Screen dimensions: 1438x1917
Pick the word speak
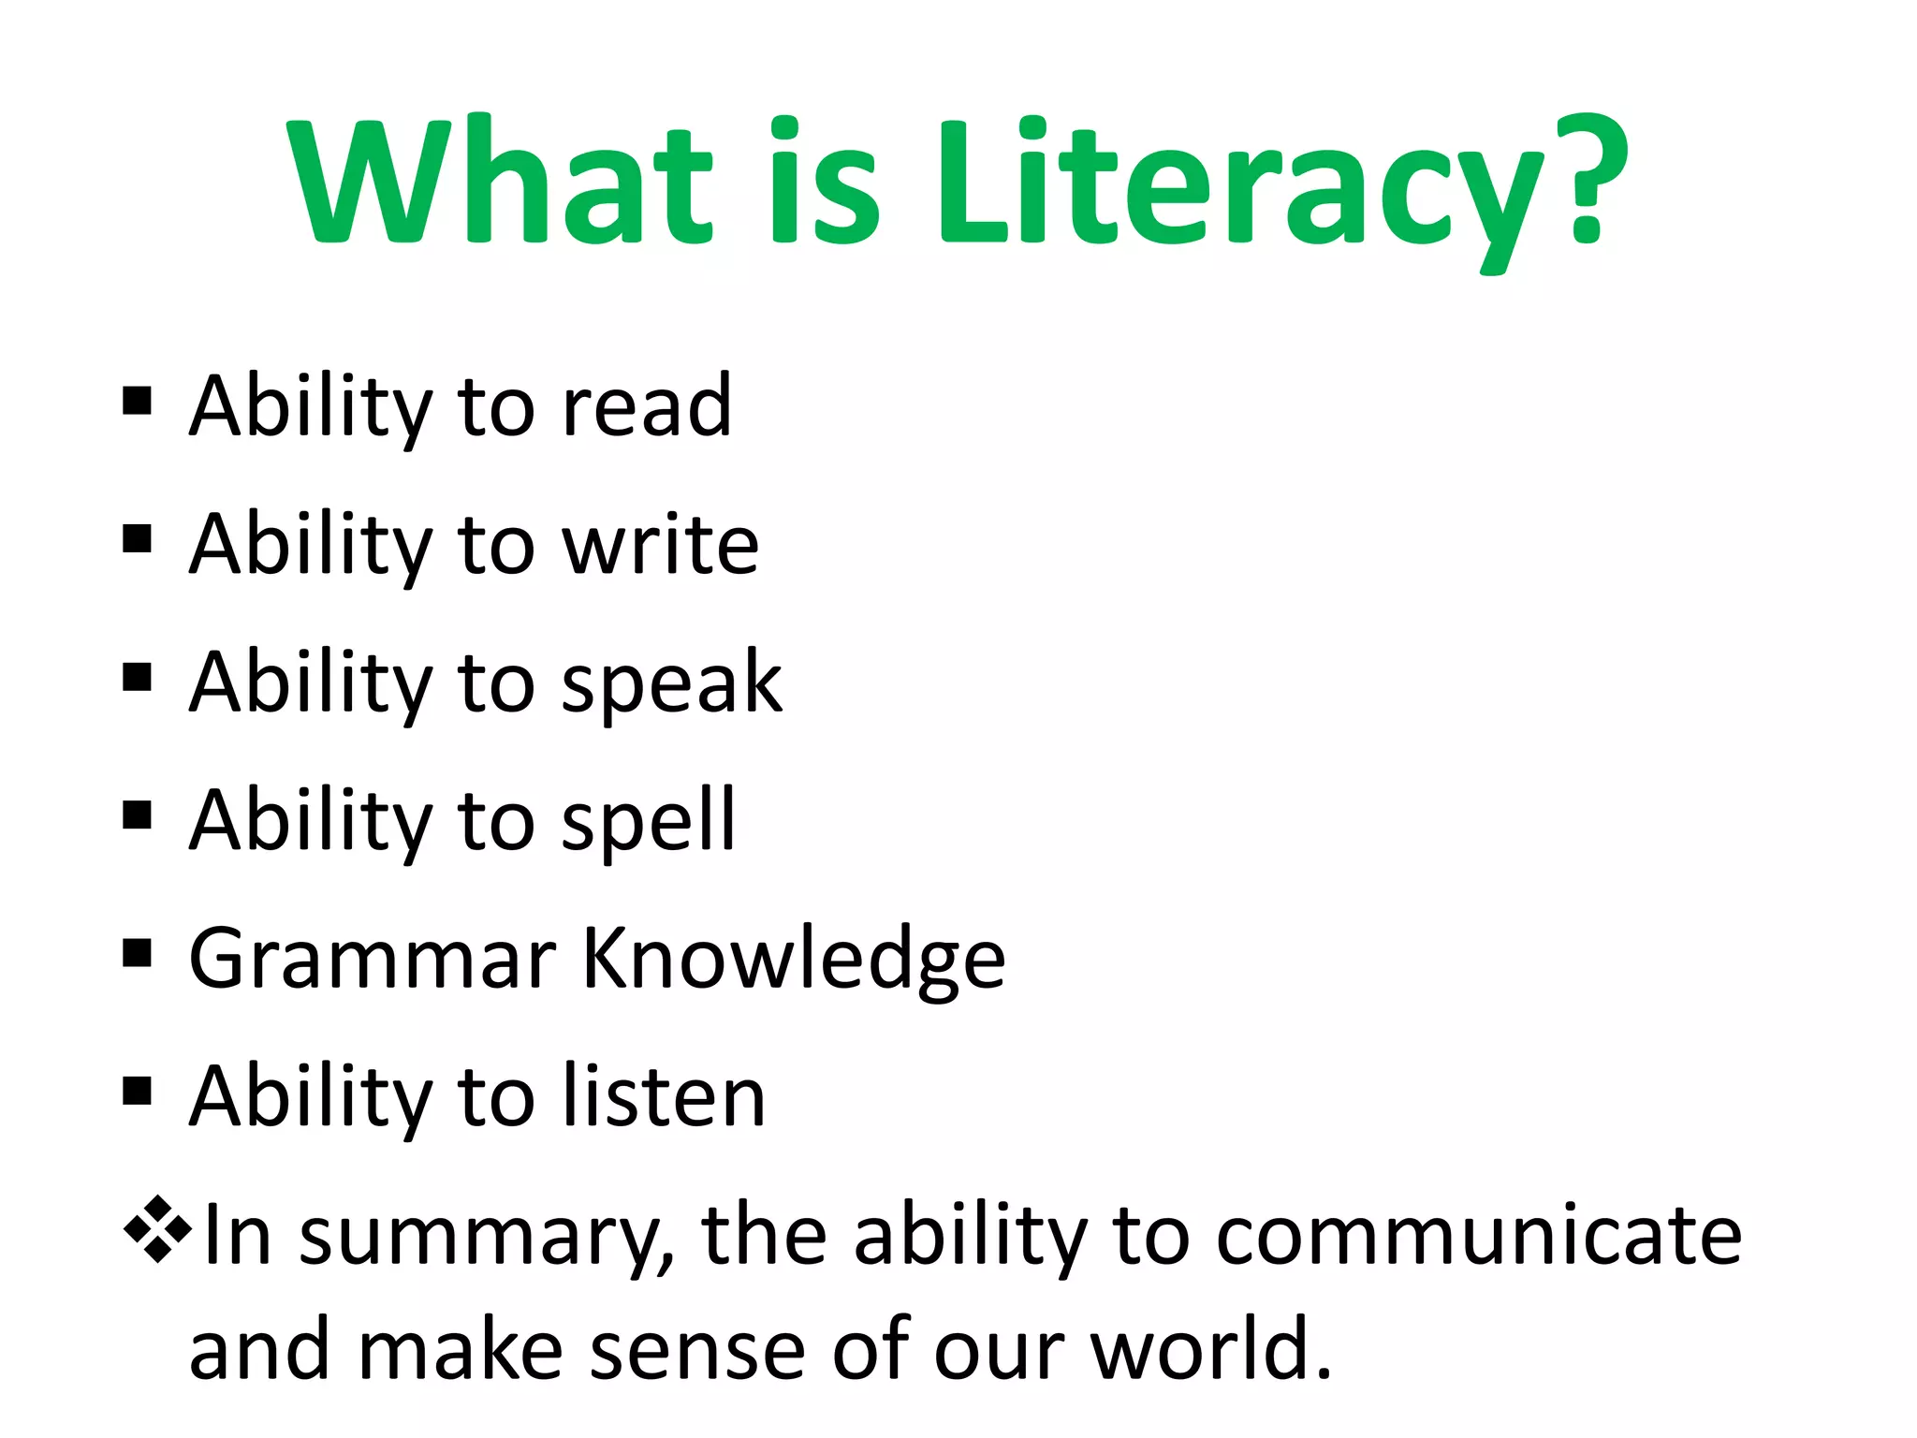click(x=671, y=682)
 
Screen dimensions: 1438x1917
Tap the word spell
click(x=649, y=820)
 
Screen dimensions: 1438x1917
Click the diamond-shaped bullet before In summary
click(x=157, y=1229)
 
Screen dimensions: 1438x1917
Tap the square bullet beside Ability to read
click(x=137, y=401)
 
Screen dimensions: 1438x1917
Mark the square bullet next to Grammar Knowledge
click(x=137, y=953)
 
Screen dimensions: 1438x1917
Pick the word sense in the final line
click(x=697, y=1350)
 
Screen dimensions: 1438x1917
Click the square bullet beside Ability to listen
click(x=137, y=1091)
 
